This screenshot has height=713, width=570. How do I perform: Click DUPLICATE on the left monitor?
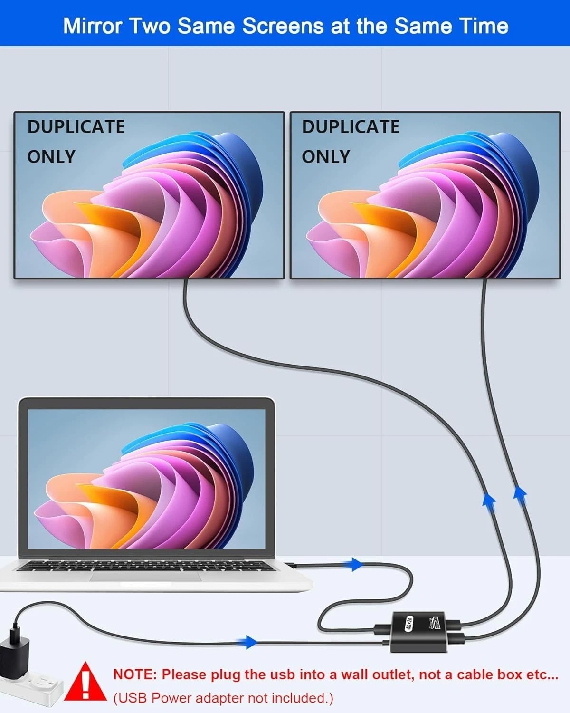click(76, 127)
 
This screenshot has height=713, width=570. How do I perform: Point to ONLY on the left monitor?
click(51, 156)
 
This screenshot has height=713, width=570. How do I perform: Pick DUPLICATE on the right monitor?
click(351, 127)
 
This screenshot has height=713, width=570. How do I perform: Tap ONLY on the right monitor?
click(326, 156)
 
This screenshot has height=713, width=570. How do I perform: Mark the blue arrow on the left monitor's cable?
click(489, 500)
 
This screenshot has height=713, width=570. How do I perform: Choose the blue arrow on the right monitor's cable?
click(520, 492)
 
